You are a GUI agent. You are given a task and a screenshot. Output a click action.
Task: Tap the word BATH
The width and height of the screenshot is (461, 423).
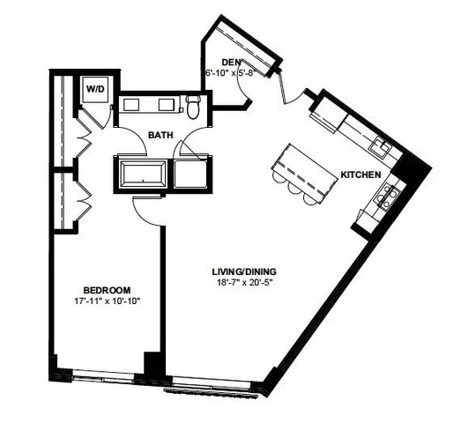coord(160,136)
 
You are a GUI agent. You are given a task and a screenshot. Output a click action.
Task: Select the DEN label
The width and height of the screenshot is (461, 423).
coord(232,62)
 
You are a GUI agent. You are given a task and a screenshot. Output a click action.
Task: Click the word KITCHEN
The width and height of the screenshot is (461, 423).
coord(361,174)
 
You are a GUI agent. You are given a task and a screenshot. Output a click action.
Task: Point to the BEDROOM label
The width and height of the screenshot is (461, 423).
coord(107,290)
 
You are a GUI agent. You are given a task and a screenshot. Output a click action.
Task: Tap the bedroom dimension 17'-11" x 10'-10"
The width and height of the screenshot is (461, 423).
coord(107,301)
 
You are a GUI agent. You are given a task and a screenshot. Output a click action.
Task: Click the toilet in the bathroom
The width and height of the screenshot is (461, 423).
coord(194,107)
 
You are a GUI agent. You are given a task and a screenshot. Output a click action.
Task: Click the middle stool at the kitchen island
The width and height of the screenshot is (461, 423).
coord(294,191)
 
